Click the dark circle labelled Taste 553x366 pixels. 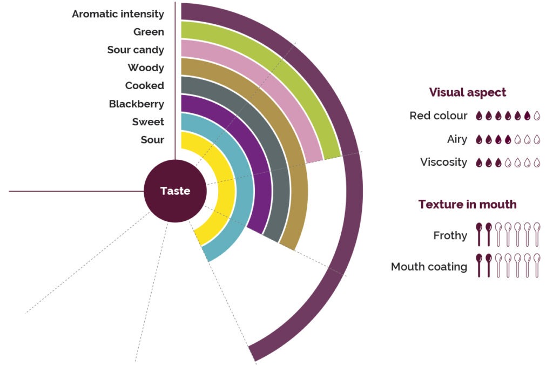175,191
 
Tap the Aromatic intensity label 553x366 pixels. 118,14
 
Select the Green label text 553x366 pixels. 149,32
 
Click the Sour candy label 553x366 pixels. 136,50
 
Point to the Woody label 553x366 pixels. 146,68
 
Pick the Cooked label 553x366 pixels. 144,86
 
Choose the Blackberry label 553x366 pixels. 136,104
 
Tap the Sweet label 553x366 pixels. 148,122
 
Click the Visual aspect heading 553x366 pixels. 468,92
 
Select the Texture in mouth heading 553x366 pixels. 467,205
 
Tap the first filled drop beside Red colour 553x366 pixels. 479,116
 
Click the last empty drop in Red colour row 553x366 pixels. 537,116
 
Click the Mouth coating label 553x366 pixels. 429,267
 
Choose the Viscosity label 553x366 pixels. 443,162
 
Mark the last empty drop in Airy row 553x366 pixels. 537,139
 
